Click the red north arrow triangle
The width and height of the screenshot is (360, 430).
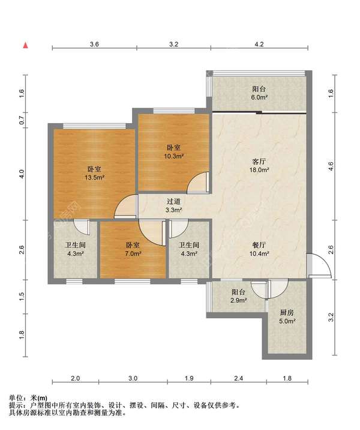(25, 45)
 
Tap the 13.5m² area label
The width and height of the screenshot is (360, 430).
(95, 177)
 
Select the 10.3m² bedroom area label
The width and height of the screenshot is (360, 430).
(173, 156)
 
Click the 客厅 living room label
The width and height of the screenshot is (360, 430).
(259, 161)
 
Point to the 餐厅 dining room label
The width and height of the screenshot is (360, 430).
(259, 245)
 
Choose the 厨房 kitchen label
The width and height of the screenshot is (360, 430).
(287, 312)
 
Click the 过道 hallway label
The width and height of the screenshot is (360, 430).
(173, 202)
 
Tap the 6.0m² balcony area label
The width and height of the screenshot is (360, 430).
(259, 97)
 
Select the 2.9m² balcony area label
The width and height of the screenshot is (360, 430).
(238, 300)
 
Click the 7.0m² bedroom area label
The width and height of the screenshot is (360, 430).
(133, 253)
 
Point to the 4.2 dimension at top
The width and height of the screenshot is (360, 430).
(259, 44)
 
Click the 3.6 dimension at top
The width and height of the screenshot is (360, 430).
(94, 44)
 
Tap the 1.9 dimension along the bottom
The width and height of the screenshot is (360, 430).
(189, 378)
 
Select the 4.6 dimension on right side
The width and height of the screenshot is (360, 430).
(331, 166)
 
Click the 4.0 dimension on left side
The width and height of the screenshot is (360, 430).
(22, 174)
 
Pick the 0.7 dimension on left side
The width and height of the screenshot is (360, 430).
(22, 120)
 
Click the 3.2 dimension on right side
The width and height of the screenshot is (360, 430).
(331, 317)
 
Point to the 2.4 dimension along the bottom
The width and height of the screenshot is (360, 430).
(239, 378)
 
